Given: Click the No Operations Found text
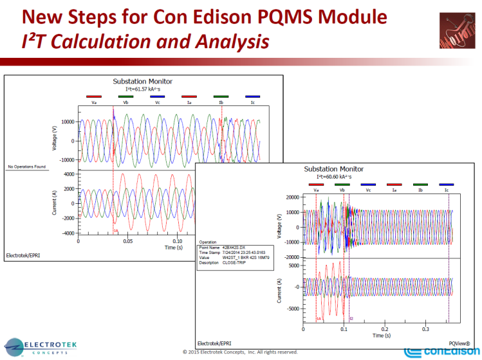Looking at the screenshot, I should tap(27, 167).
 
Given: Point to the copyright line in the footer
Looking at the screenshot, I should tap(240, 352).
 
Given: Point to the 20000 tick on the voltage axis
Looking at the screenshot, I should tap(290, 197).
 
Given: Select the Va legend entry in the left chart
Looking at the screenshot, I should tap(94, 102).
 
